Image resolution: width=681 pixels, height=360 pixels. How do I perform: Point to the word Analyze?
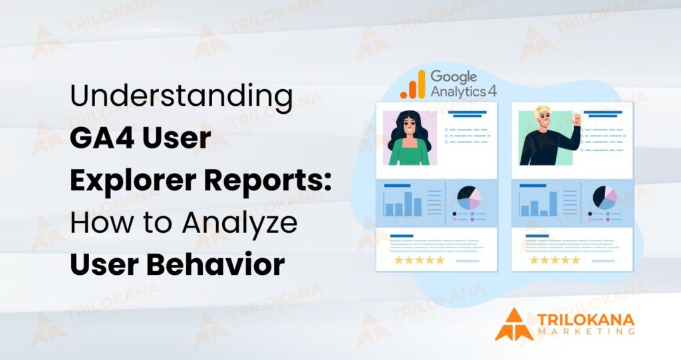(x=239, y=223)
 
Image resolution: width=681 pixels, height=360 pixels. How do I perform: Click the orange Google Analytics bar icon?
(x=413, y=85)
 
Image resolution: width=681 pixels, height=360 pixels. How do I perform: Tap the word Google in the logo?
(x=454, y=77)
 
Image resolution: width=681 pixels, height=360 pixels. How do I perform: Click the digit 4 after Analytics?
(x=492, y=90)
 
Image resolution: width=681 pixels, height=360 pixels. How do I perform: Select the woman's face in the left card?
(x=409, y=128)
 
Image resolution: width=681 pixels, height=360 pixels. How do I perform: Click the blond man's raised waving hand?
(x=577, y=119)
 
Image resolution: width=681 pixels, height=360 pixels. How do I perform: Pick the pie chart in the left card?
(x=469, y=198)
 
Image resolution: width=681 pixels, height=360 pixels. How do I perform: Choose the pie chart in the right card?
(x=605, y=198)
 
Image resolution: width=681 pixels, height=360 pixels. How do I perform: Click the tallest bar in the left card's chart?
(x=408, y=204)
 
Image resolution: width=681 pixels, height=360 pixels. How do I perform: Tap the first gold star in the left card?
(x=398, y=260)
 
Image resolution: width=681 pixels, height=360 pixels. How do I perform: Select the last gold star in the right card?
(x=575, y=260)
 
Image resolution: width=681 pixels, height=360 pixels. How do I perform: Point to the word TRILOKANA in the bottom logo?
(x=586, y=321)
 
